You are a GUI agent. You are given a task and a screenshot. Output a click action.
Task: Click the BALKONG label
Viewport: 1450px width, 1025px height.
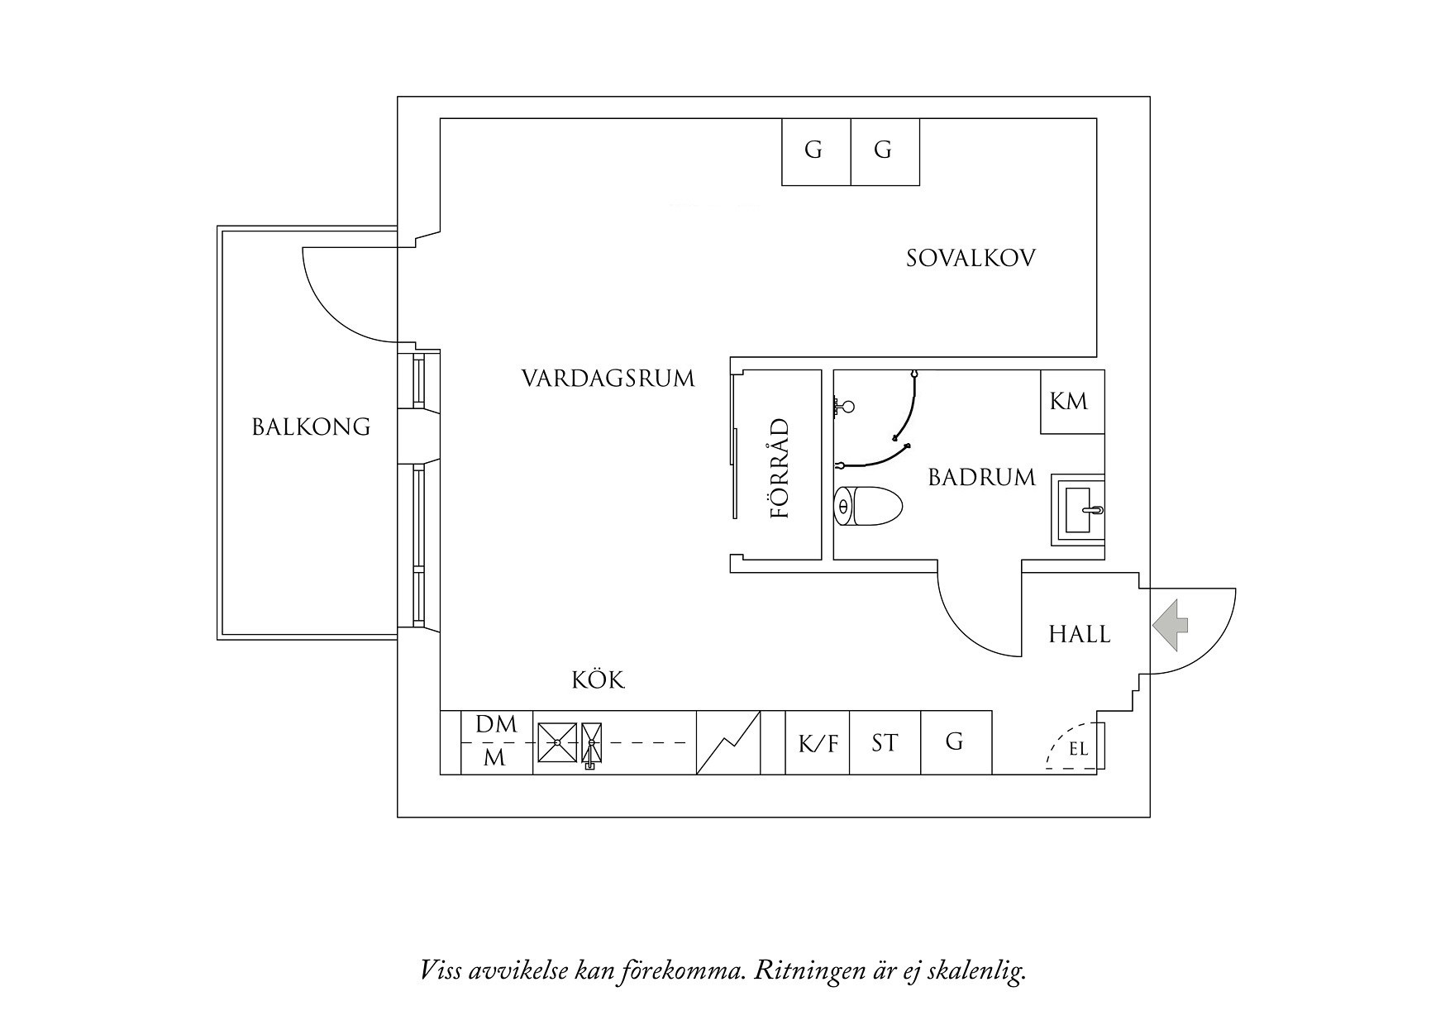[311, 427]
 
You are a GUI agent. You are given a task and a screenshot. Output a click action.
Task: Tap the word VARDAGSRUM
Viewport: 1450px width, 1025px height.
[608, 379]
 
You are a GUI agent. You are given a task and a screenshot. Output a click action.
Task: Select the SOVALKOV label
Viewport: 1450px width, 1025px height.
[971, 258]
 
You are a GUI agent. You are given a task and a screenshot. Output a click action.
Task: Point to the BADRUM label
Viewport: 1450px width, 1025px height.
[981, 477]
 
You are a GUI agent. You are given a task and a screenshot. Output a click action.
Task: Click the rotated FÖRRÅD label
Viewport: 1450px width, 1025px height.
[780, 469]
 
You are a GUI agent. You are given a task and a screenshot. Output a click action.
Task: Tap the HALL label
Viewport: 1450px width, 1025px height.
[1079, 635]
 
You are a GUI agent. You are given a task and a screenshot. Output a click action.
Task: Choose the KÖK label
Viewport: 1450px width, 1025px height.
[599, 679]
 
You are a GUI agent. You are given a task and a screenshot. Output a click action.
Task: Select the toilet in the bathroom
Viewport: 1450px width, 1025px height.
[868, 506]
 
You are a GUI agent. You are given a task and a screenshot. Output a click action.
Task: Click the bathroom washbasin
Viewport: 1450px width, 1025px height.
[1078, 510]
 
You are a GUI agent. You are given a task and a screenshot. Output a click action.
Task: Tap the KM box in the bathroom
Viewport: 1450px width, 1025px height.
[1072, 402]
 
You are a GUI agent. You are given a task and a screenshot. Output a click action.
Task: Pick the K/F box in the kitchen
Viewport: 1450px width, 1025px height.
[818, 743]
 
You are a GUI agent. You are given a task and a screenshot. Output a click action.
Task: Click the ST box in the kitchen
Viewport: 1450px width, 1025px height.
[885, 743]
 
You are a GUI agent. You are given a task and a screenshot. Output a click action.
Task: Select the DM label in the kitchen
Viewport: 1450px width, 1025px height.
[496, 725]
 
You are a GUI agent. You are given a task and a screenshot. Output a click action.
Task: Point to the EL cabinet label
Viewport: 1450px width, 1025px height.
[1078, 751]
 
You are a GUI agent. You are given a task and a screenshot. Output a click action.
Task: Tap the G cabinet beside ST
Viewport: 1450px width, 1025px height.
[956, 743]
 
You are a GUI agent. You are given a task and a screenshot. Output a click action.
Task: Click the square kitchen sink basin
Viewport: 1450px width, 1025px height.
[557, 742]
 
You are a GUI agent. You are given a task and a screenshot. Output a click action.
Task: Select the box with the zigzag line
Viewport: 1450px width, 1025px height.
[728, 743]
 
